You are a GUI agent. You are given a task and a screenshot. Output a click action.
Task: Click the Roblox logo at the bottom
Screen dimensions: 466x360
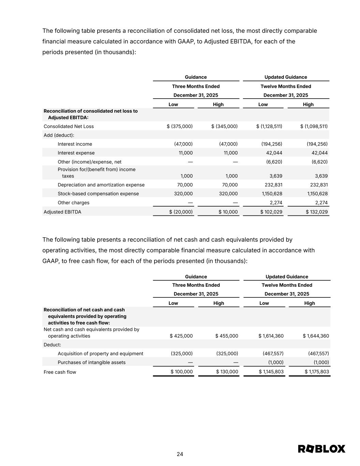click(x=321, y=449)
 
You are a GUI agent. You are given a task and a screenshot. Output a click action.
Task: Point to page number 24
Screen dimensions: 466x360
click(x=180, y=454)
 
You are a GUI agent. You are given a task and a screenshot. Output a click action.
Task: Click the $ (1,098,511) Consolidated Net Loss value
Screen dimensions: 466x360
click(x=314, y=126)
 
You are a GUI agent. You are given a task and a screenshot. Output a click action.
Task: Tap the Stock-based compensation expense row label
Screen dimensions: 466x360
click(x=98, y=194)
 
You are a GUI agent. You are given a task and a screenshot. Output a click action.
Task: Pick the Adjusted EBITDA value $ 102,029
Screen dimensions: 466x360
click(x=271, y=212)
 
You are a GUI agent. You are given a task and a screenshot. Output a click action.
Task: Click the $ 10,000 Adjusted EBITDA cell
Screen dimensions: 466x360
click(x=228, y=212)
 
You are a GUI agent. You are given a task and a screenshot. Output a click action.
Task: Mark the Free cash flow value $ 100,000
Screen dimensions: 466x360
click(x=182, y=372)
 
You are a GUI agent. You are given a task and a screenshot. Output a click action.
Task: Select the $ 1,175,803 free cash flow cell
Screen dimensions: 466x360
click(x=317, y=372)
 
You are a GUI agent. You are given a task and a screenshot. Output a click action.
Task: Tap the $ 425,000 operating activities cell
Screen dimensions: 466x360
click(x=181, y=336)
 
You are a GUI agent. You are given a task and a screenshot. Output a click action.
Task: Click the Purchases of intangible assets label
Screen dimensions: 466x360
click(x=91, y=363)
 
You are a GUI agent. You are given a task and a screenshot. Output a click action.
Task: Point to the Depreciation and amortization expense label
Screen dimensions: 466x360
click(x=101, y=185)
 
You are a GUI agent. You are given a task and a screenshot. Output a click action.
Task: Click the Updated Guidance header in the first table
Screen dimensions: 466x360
click(x=286, y=77)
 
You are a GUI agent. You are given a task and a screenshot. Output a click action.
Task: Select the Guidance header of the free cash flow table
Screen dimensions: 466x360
click(x=196, y=277)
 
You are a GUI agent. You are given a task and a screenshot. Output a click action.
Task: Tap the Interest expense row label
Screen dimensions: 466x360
click(x=76, y=153)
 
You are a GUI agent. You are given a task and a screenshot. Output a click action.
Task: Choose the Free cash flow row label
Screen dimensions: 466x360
click(x=60, y=372)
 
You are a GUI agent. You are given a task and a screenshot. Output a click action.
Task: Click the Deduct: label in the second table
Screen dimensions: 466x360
click(x=52, y=345)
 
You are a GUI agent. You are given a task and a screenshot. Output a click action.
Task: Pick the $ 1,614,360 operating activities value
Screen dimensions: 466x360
click(x=271, y=336)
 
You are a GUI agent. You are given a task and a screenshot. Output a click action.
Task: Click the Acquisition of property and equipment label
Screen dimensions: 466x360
click(x=100, y=354)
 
